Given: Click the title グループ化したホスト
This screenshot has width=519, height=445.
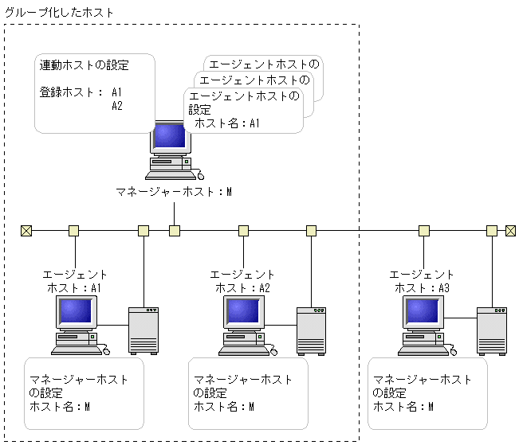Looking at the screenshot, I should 60,13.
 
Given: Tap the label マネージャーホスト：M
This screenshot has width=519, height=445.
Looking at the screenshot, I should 174,192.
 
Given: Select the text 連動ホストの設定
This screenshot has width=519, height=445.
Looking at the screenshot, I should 84,65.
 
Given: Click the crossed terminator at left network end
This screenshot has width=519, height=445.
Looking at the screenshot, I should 26,231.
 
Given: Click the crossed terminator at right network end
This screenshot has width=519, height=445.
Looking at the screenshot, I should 512,231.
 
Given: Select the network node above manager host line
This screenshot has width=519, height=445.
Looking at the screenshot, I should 174,231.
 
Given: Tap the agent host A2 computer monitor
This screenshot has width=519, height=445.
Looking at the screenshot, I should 245,312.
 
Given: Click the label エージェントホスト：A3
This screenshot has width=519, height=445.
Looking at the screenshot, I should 422,281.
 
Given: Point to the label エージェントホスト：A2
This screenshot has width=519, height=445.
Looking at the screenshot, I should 242,281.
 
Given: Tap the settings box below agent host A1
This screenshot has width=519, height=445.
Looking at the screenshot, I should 84,393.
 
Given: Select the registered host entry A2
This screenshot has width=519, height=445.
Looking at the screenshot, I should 117,105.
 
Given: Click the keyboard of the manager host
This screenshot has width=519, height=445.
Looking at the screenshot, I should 170,174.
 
